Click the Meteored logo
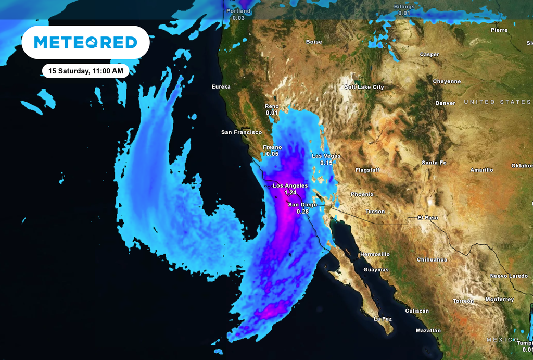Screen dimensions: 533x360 coord(85,42)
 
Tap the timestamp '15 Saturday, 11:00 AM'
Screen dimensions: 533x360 coord(86,71)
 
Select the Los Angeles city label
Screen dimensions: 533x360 coord(290,185)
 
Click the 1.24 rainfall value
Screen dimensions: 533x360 coord(290,193)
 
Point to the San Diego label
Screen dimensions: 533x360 coord(302,205)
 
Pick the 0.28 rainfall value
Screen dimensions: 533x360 coord(302,212)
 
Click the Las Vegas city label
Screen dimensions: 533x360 coord(326,156)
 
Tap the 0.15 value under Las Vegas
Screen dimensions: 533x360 coord(326,163)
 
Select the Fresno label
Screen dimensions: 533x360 coord(272,147)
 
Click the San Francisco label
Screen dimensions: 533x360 coord(242,132)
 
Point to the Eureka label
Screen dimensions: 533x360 coord(221,86)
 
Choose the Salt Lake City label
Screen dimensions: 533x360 coord(364,87)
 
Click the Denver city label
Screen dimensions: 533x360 coord(445,103)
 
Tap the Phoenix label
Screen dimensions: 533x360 coord(362,194)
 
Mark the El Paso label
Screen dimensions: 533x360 coord(428,218)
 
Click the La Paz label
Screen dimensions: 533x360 coord(383,319)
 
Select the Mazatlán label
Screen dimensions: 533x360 coord(428,331)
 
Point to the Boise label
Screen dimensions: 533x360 coord(314,42)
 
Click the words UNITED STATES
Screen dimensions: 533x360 coord(497,102)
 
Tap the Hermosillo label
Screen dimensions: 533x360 coord(374,254)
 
